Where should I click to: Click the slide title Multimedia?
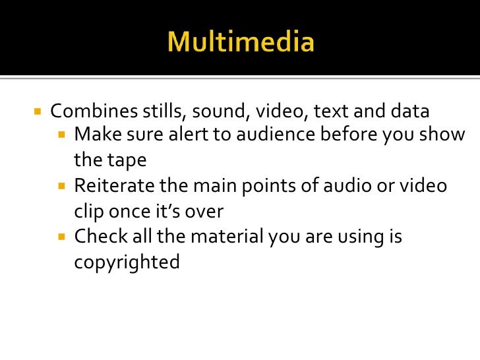241,43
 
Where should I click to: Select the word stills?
156,111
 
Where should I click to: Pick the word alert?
203,135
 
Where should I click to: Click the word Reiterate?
113,186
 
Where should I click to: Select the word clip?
88,212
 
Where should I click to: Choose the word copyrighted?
127,262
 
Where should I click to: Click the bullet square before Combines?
37,111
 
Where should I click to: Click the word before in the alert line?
348,135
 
